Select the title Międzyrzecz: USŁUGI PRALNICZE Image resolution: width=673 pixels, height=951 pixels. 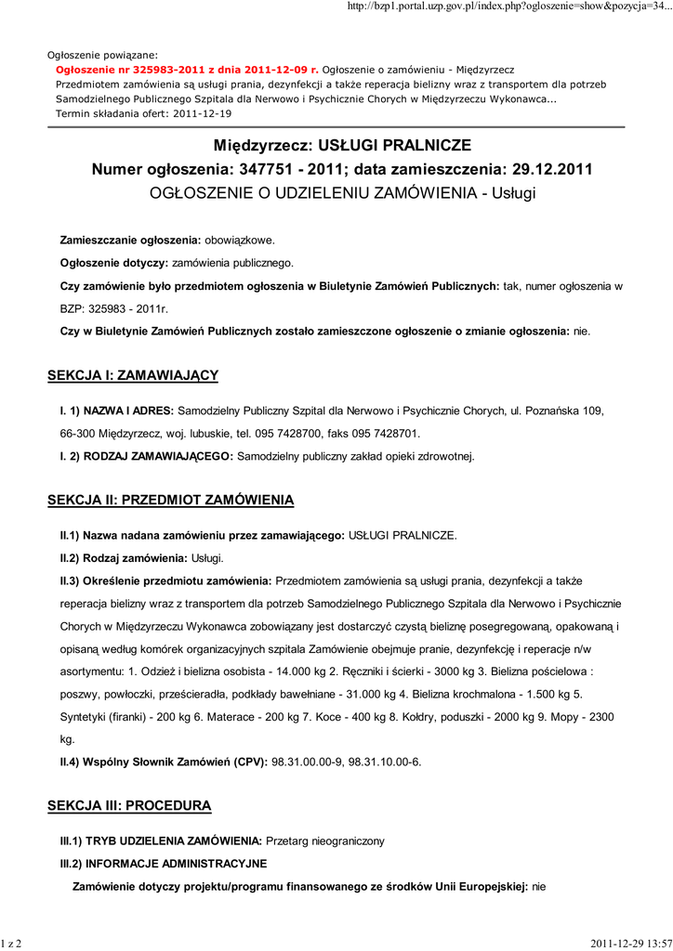(342, 146)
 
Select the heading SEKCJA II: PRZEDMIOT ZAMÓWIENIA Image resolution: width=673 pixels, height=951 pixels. (170, 501)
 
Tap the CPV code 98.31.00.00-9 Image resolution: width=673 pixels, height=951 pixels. (306, 762)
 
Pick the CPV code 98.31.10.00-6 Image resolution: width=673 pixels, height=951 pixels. (385, 762)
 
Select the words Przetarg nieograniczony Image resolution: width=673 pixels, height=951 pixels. (324, 840)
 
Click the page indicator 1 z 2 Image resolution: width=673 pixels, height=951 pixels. (12, 944)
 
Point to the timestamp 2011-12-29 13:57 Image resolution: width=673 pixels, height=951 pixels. (630, 944)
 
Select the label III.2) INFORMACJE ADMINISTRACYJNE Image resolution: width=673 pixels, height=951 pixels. (164, 864)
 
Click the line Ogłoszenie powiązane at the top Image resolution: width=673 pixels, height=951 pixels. (102, 55)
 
